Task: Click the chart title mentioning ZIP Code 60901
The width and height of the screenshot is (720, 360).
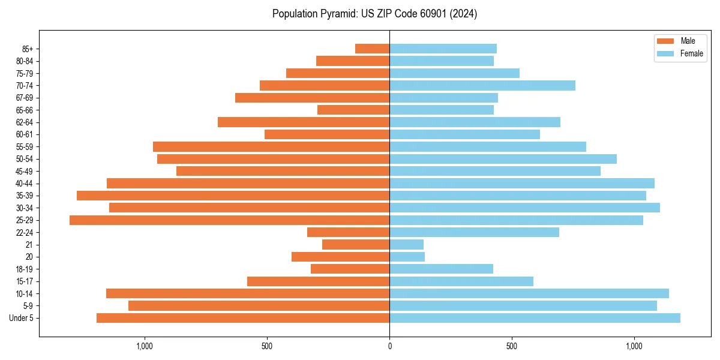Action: (x=374, y=14)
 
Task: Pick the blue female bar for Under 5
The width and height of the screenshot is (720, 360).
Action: (x=535, y=318)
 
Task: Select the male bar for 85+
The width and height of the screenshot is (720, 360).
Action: (x=372, y=49)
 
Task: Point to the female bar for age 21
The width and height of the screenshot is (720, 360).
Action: (x=406, y=245)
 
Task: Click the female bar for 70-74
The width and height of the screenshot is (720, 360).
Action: (x=482, y=85)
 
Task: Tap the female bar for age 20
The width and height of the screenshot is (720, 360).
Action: (x=407, y=257)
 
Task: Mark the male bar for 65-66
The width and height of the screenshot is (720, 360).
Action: (x=353, y=110)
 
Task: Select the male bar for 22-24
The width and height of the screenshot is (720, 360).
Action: (x=348, y=232)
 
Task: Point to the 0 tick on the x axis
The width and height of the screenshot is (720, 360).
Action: (x=389, y=346)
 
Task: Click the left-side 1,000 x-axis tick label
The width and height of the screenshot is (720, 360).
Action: (x=145, y=346)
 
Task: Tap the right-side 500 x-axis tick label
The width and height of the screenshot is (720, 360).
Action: (x=512, y=346)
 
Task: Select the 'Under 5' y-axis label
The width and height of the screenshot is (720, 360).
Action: (x=21, y=318)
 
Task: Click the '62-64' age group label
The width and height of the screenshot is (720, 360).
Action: (x=24, y=122)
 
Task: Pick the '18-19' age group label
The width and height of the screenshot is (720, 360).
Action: (x=24, y=269)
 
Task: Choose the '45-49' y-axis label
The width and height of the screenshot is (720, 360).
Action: (x=24, y=171)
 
